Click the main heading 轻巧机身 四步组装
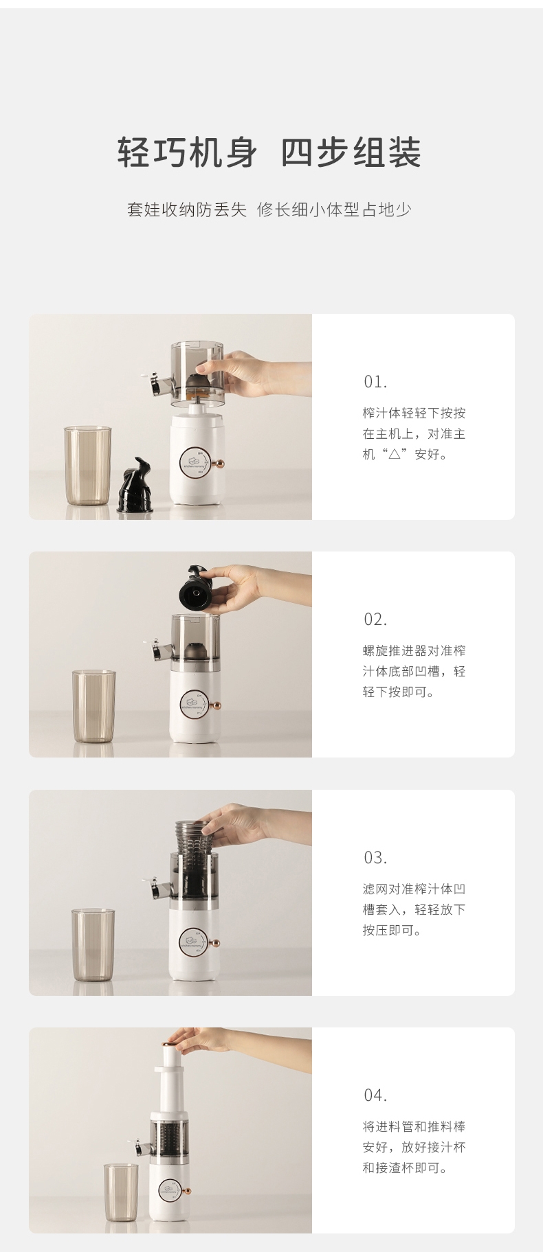(x=269, y=152)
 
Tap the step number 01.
(x=375, y=382)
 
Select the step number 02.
(x=375, y=619)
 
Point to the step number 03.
(x=375, y=858)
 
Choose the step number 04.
(x=375, y=1095)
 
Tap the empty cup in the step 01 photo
(x=87, y=466)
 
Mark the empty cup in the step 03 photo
(x=93, y=944)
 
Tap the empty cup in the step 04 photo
(x=121, y=1192)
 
